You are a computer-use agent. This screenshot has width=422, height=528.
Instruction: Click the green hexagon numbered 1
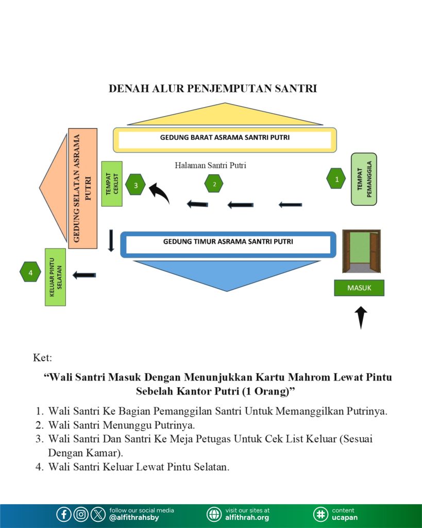tap(336, 179)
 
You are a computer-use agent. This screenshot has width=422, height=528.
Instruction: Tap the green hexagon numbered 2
tap(214, 183)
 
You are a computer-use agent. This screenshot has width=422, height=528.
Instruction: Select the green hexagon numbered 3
tap(136, 184)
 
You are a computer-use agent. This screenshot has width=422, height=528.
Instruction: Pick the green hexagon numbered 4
tap(30, 272)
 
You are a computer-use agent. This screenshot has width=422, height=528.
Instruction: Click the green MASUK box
tap(359, 288)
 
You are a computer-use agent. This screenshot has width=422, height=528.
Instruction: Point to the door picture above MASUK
tap(361, 251)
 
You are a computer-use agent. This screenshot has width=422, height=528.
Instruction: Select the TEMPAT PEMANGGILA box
tap(364, 179)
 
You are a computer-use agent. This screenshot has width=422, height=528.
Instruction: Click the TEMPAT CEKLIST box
tap(112, 183)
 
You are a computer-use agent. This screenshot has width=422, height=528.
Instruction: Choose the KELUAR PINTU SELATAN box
tap(55, 277)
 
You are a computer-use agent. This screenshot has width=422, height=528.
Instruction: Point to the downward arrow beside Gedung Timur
tap(111, 240)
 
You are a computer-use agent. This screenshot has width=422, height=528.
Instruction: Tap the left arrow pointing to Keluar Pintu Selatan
tap(84, 275)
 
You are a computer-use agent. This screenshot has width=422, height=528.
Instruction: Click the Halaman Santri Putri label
tap(210, 166)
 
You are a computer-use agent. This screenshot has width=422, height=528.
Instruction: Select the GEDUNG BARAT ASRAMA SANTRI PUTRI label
tap(225, 138)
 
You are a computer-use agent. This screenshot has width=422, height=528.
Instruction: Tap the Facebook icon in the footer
tap(64, 514)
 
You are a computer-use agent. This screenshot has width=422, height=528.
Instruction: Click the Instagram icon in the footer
tap(81, 514)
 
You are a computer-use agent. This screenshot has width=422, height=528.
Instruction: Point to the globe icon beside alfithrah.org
tap(214, 514)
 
